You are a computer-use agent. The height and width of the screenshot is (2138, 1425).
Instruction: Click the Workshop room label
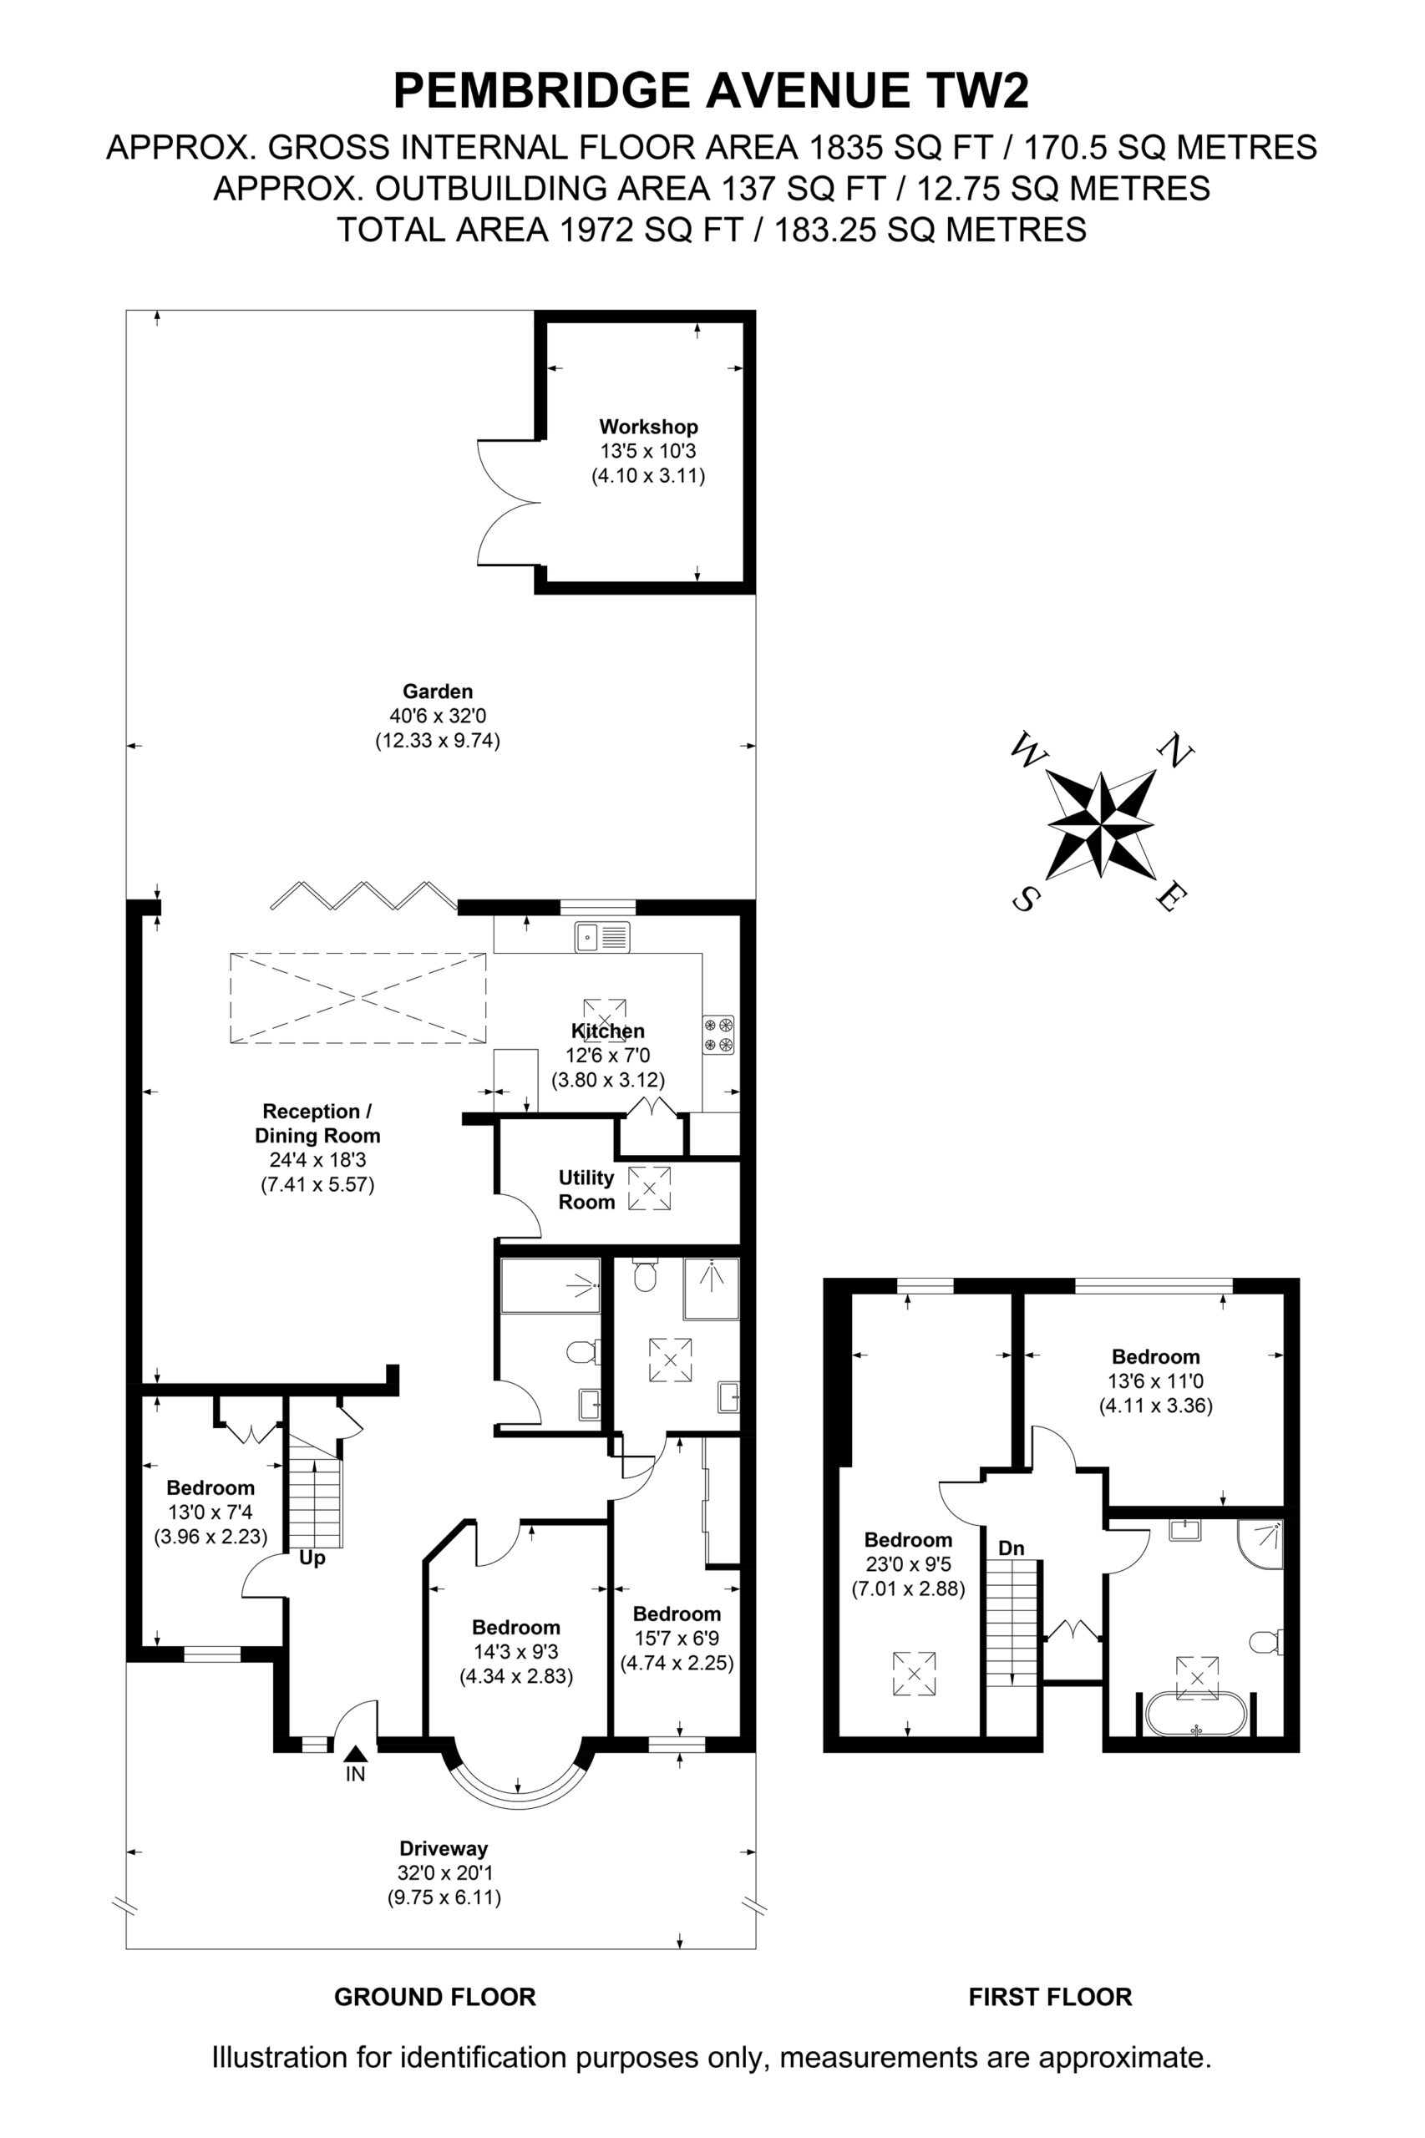(648, 426)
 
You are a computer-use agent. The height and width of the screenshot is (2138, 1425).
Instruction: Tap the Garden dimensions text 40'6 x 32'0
(438, 716)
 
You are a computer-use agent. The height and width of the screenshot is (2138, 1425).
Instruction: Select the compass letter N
(1175, 750)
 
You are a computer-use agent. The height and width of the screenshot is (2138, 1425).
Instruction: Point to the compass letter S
(1025, 899)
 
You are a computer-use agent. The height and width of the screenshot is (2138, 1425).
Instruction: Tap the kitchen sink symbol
(602, 937)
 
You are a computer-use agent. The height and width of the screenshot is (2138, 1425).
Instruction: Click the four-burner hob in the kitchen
(718, 1035)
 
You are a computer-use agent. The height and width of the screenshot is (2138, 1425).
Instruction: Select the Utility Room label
(586, 1189)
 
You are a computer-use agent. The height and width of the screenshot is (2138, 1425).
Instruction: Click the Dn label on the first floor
(1012, 1548)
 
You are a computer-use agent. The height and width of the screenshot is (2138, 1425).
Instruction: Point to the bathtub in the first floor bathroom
(1196, 1714)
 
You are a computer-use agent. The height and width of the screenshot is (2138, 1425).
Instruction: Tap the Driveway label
(444, 1848)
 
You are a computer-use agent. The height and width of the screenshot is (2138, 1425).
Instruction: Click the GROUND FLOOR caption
(435, 1996)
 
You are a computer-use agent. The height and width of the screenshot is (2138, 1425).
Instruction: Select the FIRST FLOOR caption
(1051, 1996)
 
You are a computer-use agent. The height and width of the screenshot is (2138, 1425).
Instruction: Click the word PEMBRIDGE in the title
(541, 91)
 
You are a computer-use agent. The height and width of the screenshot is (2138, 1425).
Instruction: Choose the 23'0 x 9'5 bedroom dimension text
(908, 1564)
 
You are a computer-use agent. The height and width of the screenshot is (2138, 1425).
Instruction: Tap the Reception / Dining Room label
(317, 1123)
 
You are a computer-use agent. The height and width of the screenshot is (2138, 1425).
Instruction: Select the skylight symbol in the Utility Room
(650, 1188)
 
